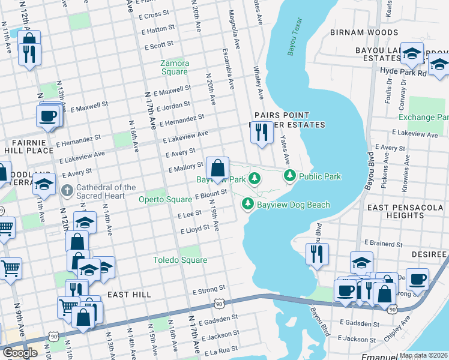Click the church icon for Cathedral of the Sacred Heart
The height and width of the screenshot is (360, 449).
67,191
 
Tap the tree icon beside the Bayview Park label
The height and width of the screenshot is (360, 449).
255,178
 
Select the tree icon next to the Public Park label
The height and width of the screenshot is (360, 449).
290,176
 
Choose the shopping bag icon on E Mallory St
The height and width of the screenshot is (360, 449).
217,167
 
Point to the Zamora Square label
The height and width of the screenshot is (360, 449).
175,67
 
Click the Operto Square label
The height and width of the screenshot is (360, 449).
165,199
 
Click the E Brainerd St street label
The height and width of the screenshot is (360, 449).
383,244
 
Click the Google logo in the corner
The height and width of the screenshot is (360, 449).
20,353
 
